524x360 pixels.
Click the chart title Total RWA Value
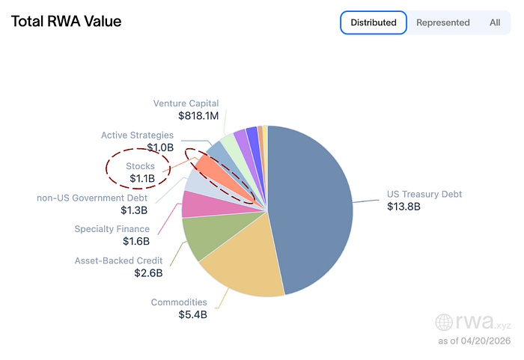(x=66, y=22)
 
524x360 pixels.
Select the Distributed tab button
(x=373, y=22)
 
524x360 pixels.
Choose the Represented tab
(x=442, y=22)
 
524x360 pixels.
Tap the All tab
(x=495, y=22)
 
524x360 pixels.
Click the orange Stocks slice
(x=208, y=167)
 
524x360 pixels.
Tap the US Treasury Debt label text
(x=424, y=194)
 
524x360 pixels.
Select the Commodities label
(x=179, y=302)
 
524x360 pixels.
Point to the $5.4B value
(x=192, y=315)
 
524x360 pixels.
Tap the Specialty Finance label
(x=112, y=229)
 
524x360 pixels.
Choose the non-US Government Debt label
(x=92, y=198)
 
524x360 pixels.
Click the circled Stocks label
(x=140, y=166)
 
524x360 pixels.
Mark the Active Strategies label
(x=137, y=135)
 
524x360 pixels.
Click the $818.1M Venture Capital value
(x=198, y=116)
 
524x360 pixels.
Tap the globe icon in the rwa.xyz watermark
(x=445, y=323)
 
